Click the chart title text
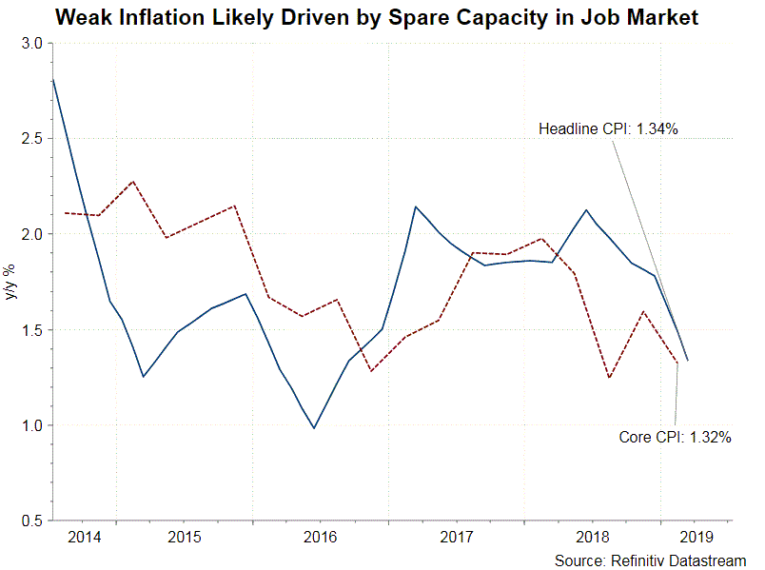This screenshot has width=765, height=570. [377, 18]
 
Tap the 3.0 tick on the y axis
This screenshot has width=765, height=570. [32, 44]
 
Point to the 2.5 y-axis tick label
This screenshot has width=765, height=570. [32, 139]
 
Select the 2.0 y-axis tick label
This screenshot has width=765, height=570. [32, 234]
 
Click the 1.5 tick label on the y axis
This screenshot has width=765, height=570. [32, 330]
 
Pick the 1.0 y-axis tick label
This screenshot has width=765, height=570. [32, 425]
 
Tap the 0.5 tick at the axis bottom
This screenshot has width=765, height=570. [32, 521]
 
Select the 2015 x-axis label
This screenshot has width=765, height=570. [184, 537]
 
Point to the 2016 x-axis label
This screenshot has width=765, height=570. [320, 537]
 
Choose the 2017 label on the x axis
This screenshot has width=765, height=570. [457, 537]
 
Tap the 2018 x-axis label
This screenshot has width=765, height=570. [593, 537]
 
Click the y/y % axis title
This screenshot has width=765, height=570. [11, 283]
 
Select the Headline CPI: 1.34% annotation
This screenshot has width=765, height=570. [608, 129]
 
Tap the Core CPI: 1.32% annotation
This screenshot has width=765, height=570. [675, 438]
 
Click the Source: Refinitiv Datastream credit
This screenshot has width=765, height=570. [650, 560]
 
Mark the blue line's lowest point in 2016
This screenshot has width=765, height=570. [314, 428]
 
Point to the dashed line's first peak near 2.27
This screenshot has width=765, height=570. [133, 181]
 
